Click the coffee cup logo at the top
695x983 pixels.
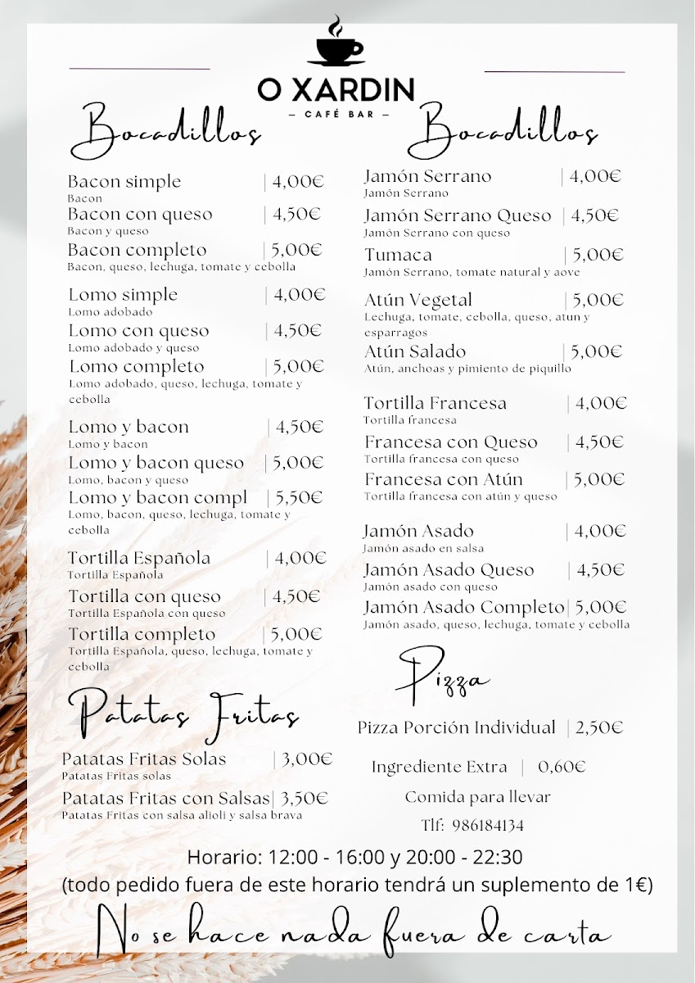(x=336, y=43)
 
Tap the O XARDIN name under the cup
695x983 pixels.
(x=336, y=89)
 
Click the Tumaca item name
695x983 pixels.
(x=398, y=255)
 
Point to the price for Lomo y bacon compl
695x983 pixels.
(x=299, y=497)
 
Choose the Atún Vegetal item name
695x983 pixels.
(x=418, y=300)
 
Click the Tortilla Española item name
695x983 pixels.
(x=139, y=558)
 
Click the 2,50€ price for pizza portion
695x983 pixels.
(x=599, y=727)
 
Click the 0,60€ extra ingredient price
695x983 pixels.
(x=562, y=767)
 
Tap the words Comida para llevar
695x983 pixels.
(x=478, y=796)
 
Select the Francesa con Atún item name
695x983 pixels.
(x=443, y=479)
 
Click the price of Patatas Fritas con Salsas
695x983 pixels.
(x=305, y=798)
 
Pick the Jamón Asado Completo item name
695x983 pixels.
(x=464, y=607)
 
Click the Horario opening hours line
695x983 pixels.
(x=354, y=857)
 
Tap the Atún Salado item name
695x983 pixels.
(x=415, y=351)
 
